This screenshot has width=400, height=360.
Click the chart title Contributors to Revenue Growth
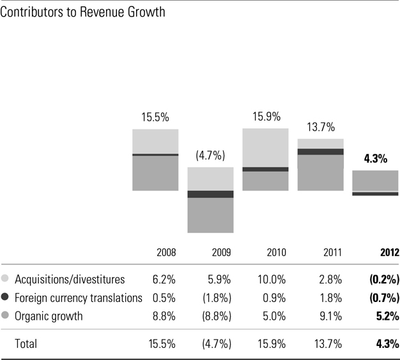click(x=84, y=13)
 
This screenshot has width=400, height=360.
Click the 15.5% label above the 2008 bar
click(x=155, y=118)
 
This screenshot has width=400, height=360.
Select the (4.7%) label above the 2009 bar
click(x=210, y=155)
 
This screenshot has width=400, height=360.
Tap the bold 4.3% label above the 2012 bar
click(x=375, y=159)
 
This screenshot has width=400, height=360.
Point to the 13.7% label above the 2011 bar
click(x=320, y=127)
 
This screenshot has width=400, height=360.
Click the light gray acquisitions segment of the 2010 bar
click(x=265, y=147)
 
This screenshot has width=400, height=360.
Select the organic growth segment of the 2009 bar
click(x=210, y=215)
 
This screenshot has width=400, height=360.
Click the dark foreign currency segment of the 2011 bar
click(x=320, y=151)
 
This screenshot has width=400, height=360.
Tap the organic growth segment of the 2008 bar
click(x=155, y=173)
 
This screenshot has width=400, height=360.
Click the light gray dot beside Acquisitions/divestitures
click(x=6, y=279)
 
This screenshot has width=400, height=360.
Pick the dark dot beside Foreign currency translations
click(x=6, y=297)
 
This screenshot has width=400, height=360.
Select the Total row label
click(x=26, y=343)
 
